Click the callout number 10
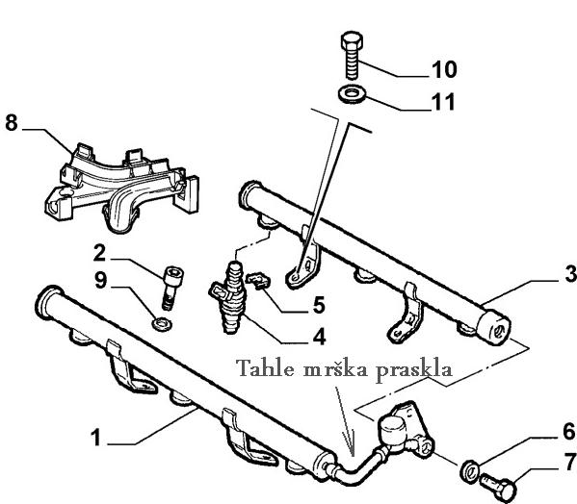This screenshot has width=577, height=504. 444,69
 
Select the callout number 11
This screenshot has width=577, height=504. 444,102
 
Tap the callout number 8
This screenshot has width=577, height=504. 12,123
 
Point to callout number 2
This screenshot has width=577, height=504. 99,253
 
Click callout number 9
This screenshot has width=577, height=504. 100,280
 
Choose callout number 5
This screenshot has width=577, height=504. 319,305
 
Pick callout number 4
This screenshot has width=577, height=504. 319,337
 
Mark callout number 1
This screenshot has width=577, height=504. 95,438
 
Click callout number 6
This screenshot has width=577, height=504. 568,432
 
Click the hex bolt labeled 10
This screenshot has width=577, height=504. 352,55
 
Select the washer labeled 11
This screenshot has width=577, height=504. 353,93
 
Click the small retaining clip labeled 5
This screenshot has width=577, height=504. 258,281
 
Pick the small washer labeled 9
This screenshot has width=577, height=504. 162,324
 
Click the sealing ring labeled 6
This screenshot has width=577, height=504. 469,470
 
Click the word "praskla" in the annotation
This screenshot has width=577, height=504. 413,370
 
